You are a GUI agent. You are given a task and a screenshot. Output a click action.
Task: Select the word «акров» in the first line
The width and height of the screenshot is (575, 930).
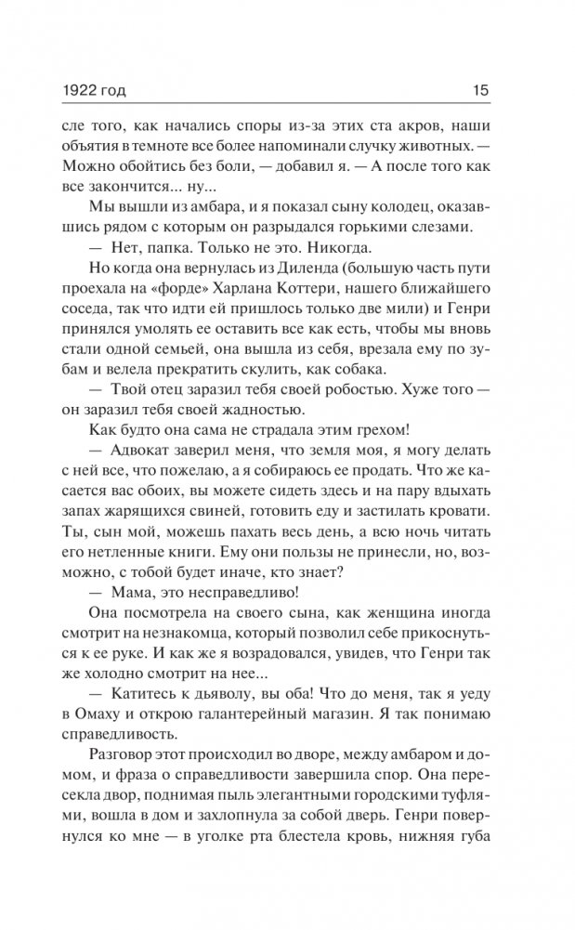[x=391, y=124]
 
